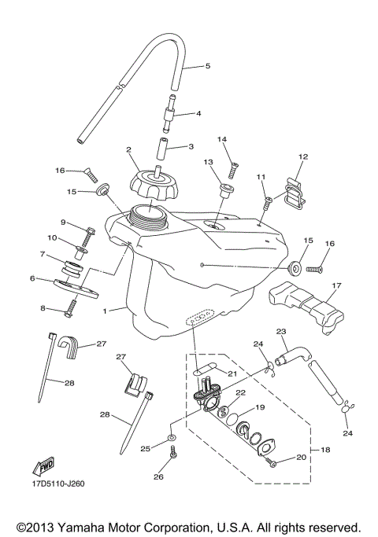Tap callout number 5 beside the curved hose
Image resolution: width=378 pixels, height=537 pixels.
pos(208,66)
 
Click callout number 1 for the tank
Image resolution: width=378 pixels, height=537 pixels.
pos(104,311)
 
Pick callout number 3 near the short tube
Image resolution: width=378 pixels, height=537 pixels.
pos(191,146)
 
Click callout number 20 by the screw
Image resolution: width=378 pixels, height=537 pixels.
pos(300,457)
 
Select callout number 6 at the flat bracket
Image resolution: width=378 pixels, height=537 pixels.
pos(33,278)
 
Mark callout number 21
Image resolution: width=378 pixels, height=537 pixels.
pos(232,373)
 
